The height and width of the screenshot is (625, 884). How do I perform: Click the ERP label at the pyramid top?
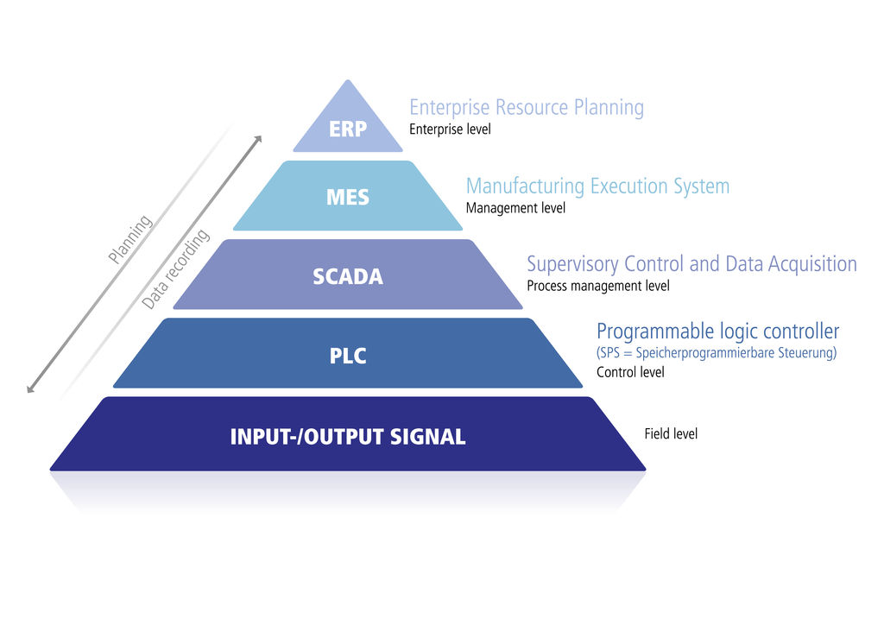click(348, 129)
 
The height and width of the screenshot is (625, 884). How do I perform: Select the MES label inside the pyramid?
click(348, 198)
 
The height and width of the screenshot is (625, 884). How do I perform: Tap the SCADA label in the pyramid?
click(348, 277)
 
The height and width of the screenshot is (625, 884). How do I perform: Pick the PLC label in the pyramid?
click(348, 356)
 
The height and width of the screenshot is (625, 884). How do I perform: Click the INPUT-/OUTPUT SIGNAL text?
click(348, 437)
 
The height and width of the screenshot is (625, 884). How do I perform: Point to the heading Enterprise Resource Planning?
click(527, 108)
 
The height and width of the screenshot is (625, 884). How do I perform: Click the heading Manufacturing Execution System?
click(597, 186)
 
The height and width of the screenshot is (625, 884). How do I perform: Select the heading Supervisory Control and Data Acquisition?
click(691, 264)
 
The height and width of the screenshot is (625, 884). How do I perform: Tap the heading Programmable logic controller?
click(717, 331)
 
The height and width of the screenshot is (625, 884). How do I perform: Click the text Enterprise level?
click(450, 129)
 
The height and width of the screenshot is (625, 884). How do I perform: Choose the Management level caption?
click(515, 208)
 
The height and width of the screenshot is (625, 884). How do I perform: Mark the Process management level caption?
click(597, 286)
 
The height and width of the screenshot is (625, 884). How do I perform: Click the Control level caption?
click(630, 373)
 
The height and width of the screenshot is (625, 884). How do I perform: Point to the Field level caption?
click(671, 434)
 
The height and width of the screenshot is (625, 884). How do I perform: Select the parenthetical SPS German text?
click(717, 353)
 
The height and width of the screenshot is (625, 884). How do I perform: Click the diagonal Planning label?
click(130, 239)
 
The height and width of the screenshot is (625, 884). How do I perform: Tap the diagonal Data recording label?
click(176, 269)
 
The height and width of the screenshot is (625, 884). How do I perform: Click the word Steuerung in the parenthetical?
click(808, 353)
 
